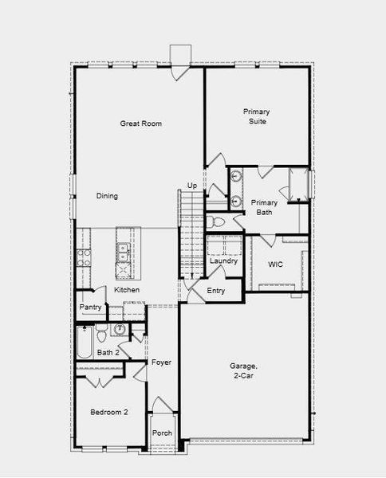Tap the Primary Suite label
[x=255, y=117]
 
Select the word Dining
[x=108, y=196]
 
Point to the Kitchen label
[x=127, y=290]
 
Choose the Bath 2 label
[x=108, y=352]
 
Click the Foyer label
[x=162, y=362]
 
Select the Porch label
[x=162, y=434]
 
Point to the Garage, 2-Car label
[x=243, y=370]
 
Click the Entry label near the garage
[x=216, y=292]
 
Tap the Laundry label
[x=224, y=261]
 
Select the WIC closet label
[x=277, y=263]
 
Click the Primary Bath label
[x=264, y=207]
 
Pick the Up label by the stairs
[x=191, y=186]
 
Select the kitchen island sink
[x=122, y=252]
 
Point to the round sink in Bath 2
[x=120, y=329]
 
